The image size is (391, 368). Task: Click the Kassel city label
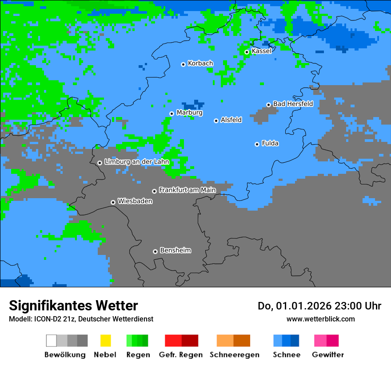click(x=261, y=51)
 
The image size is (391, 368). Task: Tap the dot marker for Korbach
click(x=183, y=64)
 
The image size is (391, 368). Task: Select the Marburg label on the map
click(x=189, y=113)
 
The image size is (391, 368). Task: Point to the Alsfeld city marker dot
click(x=216, y=121)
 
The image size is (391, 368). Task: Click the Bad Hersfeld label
click(x=293, y=104)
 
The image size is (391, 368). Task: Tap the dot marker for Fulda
click(x=257, y=144)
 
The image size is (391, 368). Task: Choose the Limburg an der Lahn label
click(x=136, y=162)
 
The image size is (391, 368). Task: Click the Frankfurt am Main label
click(x=187, y=190)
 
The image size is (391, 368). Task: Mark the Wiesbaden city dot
click(x=113, y=202)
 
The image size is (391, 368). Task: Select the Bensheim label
click(x=175, y=250)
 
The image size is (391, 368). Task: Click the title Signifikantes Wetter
click(x=73, y=305)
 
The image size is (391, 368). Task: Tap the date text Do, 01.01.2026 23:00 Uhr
click(x=319, y=306)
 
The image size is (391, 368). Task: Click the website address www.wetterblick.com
click(x=320, y=319)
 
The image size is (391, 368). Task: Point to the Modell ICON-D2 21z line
click(x=81, y=319)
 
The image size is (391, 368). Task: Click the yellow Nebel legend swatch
click(x=105, y=341)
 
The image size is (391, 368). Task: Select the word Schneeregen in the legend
click(x=234, y=355)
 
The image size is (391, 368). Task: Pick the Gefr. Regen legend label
click(x=181, y=355)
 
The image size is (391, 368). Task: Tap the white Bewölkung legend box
click(x=52, y=341)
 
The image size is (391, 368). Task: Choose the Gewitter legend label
click(x=328, y=355)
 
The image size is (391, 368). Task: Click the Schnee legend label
click(x=287, y=355)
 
